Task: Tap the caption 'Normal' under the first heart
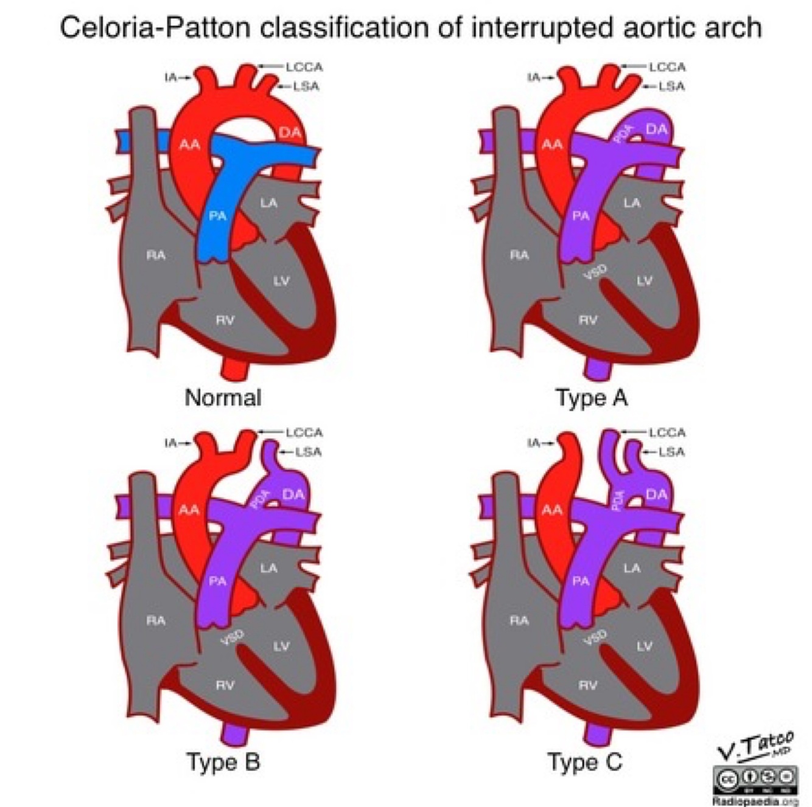coord(223,398)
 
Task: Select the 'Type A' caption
coord(591,398)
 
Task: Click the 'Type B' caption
coord(223,761)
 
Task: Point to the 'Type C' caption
coord(585,761)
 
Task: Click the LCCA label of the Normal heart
coord(304,67)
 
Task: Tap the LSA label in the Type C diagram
coord(671,452)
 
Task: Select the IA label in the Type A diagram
coord(534,77)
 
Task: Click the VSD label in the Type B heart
coord(232,636)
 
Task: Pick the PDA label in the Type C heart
coord(618,500)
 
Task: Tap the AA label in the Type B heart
coord(189,510)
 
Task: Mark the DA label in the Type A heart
coord(656,129)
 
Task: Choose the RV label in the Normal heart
coord(225,320)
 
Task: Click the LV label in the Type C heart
coord(644,646)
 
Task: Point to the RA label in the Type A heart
coord(519,255)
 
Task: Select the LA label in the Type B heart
coord(268,568)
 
